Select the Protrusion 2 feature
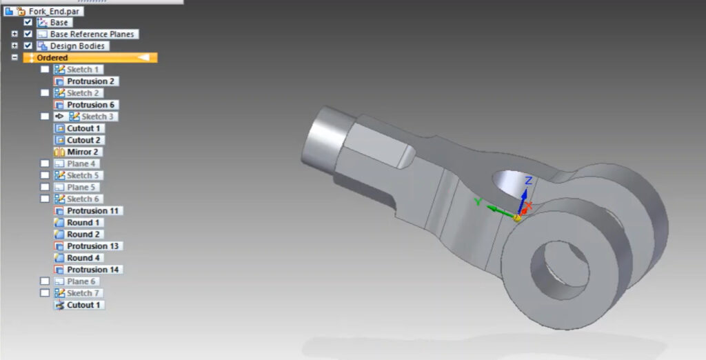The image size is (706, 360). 91,81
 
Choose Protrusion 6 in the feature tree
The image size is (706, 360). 91,105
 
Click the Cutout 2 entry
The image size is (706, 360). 83,140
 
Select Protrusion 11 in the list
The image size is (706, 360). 94,211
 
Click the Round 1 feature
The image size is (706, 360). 83,223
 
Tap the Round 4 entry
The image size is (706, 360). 83,258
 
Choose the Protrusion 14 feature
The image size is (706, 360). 94,270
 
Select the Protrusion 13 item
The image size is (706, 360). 94,246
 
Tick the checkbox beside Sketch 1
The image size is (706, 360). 45,70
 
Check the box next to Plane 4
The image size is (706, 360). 45,163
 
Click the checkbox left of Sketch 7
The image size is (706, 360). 45,293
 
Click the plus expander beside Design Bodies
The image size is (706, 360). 14,46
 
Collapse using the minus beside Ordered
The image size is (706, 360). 14,58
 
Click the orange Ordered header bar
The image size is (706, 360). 90,58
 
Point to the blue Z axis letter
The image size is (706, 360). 527,181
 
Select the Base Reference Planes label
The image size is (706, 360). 92,34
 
